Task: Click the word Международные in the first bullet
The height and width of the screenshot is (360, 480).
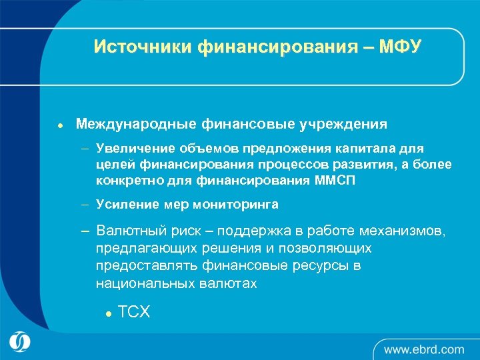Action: click(x=132, y=124)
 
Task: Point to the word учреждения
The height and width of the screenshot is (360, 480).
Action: click(x=345, y=124)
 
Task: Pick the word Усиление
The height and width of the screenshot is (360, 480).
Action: click(x=124, y=204)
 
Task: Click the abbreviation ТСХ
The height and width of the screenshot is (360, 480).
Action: click(x=133, y=311)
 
